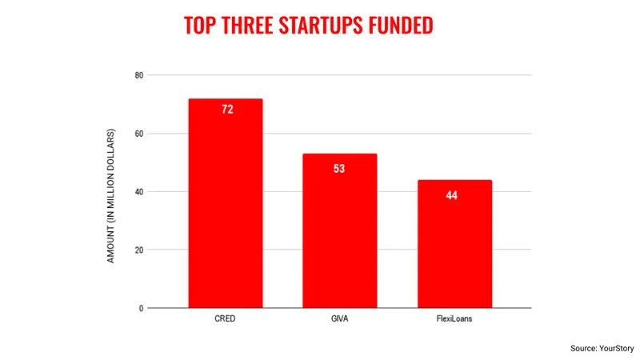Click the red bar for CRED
(226, 203)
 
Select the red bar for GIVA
(339, 230)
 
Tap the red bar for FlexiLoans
(454, 244)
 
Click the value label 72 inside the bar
(227, 110)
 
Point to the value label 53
(339, 169)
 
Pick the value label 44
(452, 195)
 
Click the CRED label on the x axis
(225, 318)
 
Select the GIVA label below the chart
(339, 318)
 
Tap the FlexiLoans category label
(454, 318)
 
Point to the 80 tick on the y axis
(139, 75)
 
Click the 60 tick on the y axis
(139, 134)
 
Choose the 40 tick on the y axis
(139, 192)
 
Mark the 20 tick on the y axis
(139, 250)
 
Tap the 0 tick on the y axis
(142, 309)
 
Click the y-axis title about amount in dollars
(110, 196)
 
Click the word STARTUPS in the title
(321, 26)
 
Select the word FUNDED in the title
(401, 26)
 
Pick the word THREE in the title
(247, 26)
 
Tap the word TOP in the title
(200, 26)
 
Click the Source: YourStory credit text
(602, 349)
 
